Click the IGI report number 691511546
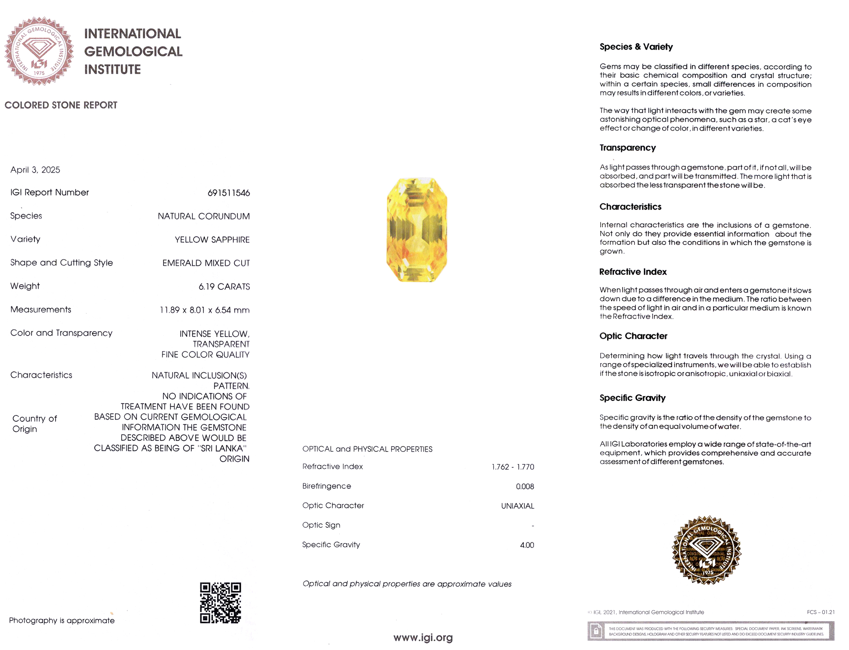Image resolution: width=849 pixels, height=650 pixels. [228, 193]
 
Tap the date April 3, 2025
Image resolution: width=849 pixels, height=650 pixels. [35, 170]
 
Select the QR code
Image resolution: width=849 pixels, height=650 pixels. [220, 603]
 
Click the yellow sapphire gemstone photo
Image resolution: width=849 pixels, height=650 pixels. [417, 230]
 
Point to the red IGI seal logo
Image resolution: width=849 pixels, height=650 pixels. [39, 51]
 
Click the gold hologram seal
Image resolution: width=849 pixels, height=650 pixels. [707, 550]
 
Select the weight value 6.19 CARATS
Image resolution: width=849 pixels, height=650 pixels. [224, 287]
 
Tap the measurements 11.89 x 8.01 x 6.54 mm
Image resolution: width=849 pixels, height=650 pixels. [205, 310]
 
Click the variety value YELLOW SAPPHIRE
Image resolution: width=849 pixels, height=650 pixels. [212, 240]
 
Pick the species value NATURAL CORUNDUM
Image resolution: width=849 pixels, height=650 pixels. [204, 216]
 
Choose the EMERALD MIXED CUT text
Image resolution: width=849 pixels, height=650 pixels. [206, 263]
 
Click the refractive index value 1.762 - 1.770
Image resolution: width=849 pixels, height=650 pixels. [513, 467]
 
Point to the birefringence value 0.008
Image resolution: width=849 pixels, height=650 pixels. [525, 487]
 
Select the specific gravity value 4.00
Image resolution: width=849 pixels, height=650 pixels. [527, 545]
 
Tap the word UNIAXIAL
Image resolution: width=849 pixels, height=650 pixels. [517, 506]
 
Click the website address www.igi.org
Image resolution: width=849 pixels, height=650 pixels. [423, 638]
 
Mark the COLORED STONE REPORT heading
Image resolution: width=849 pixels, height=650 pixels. [61, 105]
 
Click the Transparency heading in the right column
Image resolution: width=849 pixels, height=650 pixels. [627, 148]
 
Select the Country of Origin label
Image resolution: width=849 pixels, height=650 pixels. [34, 424]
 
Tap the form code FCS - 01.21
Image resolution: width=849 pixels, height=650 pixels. [821, 612]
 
